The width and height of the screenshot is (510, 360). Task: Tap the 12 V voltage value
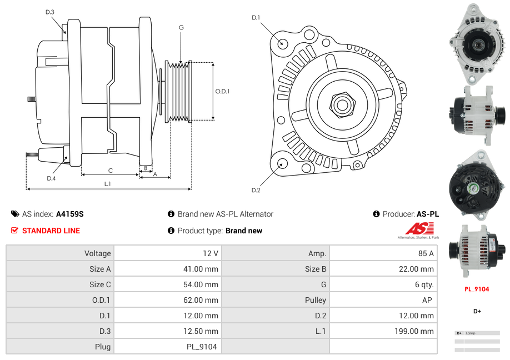(x=211, y=253)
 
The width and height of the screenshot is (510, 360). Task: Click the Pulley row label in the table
(x=315, y=300)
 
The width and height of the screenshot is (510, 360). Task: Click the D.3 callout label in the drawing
(x=50, y=12)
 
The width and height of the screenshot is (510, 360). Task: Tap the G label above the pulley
(x=181, y=27)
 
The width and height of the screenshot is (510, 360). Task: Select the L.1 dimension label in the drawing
(x=108, y=183)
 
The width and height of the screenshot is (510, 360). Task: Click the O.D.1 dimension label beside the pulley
(x=222, y=91)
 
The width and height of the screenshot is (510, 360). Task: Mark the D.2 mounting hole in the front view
(x=282, y=163)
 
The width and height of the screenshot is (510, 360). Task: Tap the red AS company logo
(x=419, y=228)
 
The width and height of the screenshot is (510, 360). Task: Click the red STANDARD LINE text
(x=51, y=231)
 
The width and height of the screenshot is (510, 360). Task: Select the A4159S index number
(x=70, y=214)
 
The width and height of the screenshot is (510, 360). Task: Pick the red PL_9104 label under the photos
(x=477, y=289)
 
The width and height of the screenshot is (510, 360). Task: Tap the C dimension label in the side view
(x=111, y=170)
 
